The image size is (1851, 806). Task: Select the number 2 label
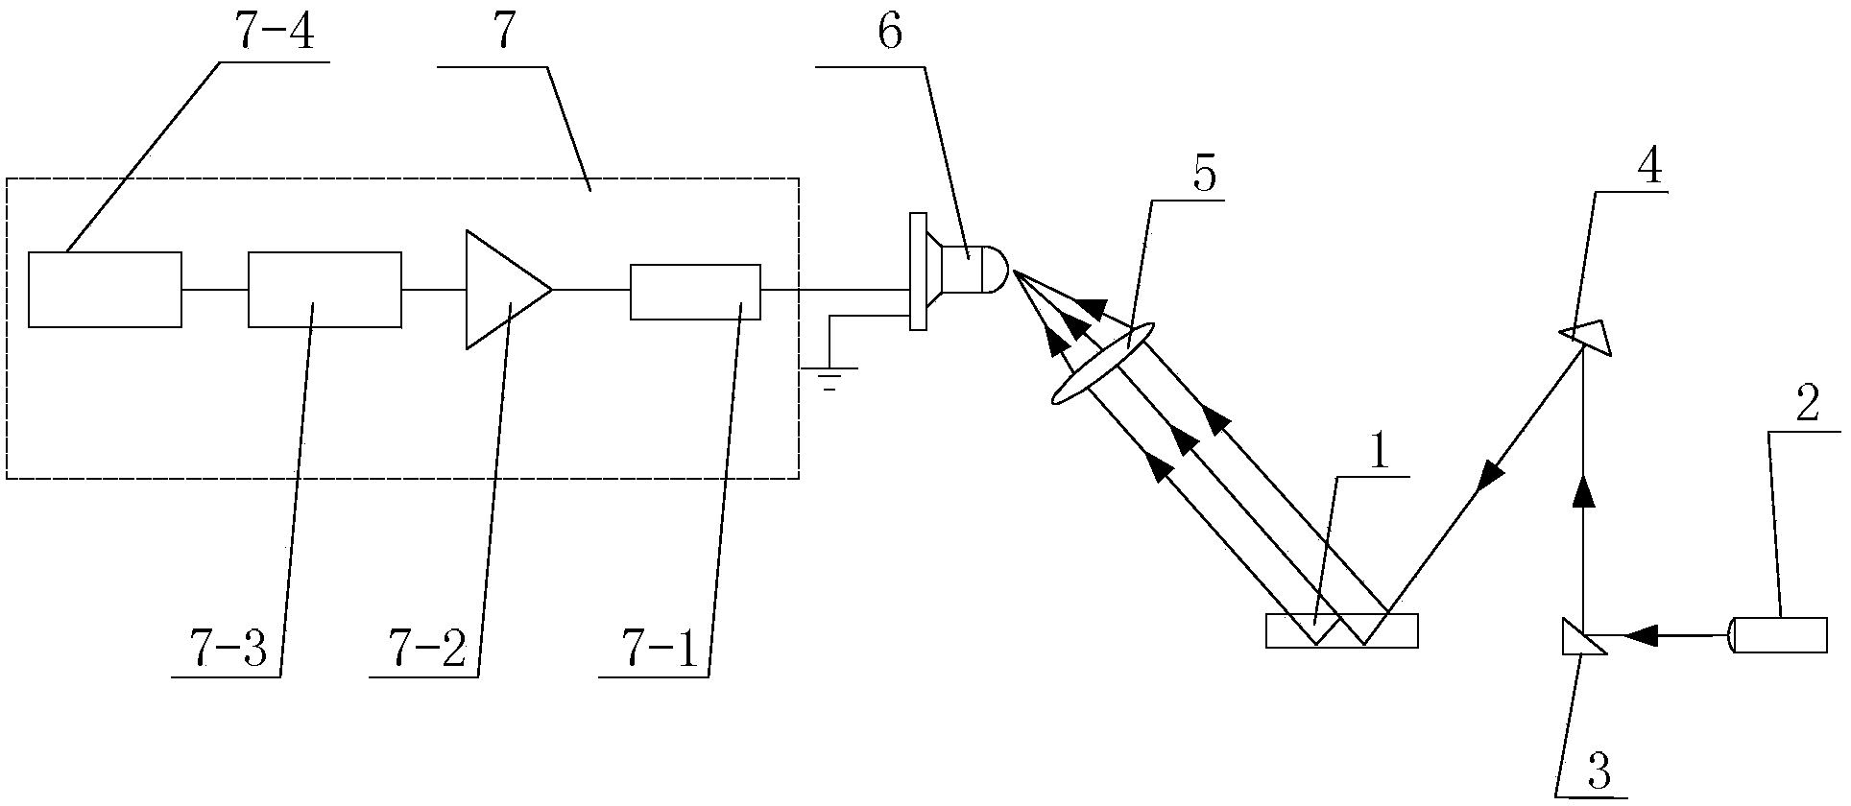[x=1806, y=406]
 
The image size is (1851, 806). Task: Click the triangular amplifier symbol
[x=505, y=288]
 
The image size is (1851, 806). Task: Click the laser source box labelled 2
[x=1779, y=634]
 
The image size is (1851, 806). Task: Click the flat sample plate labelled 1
[x=1341, y=630]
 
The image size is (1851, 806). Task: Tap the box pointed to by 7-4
[x=105, y=289]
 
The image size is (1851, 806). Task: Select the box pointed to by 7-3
[x=325, y=289]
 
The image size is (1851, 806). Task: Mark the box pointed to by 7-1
[x=694, y=292]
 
